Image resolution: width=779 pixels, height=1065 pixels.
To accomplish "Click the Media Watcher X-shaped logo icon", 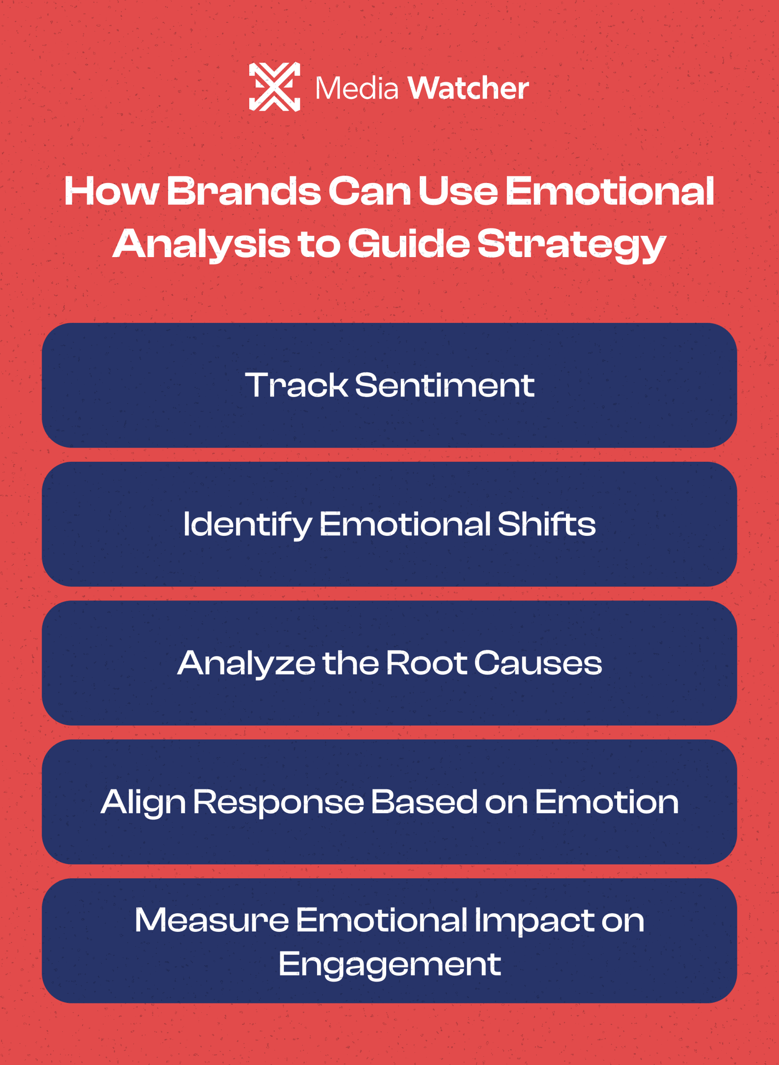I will [275, 87].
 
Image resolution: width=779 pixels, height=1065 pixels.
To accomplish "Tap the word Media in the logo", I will [357, 89].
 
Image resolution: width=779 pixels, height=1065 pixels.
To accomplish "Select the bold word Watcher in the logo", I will [468, 88].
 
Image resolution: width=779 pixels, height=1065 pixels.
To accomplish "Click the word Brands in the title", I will [243, 191].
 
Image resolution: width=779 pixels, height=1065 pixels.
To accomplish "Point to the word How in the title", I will [111, 191].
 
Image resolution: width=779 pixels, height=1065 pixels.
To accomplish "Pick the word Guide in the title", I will [409, 244].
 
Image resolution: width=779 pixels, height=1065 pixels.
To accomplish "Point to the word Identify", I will [247, 525].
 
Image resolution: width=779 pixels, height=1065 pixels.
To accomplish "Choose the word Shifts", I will [546, 524].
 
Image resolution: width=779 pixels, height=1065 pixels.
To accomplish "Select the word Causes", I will [538, 663].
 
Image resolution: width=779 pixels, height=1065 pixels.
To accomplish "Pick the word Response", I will [278, 802].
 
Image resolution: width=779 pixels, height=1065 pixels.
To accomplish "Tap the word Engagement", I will [389, 964].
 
